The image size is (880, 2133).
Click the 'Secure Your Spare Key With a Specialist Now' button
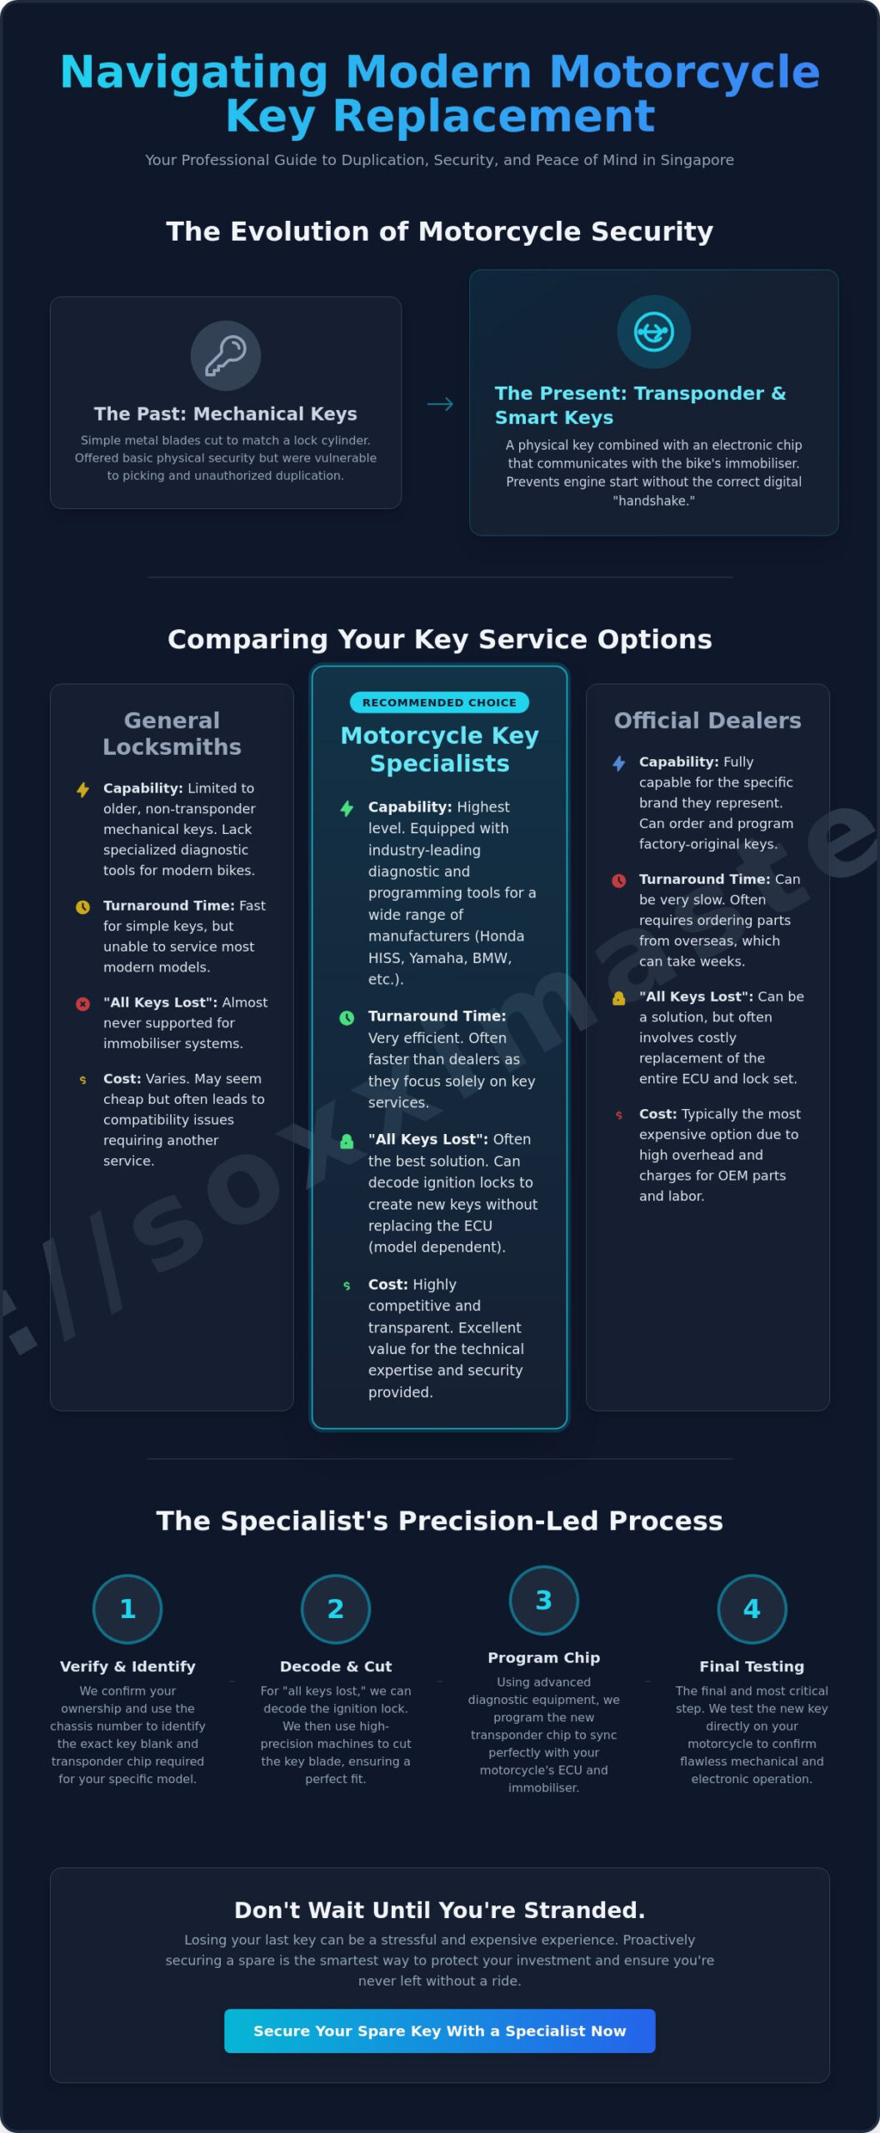(439, 2031)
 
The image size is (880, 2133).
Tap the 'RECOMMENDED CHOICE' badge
(439, 702)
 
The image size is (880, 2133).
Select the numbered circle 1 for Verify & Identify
(127, 1608)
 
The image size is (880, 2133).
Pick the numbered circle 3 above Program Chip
(543, 1600)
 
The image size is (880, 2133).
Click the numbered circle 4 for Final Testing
(752, 1608)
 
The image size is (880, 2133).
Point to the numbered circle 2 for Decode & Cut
(335, 1608)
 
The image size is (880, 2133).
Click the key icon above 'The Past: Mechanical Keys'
(226, 356)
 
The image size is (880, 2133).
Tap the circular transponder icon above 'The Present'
(654, 332)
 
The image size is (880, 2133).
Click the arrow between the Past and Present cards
(440, 404)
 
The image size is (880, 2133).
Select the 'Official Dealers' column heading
(707, 720)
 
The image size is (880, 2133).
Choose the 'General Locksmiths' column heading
(172, 733)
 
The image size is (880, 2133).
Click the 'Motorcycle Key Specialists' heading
(439, 749)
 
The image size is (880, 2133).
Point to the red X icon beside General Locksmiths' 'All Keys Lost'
(82, 1004)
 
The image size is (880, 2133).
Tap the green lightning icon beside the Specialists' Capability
(347, 808)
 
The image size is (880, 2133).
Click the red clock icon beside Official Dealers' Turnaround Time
(618, 881)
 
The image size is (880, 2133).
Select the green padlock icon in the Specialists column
(347, 1141)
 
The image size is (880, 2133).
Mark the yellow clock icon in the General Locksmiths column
(82, 907)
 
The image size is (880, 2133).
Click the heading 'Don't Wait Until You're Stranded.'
(439, 1909)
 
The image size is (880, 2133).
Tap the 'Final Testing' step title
(752, 1666)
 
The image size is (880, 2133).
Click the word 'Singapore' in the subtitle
(697, 160)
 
